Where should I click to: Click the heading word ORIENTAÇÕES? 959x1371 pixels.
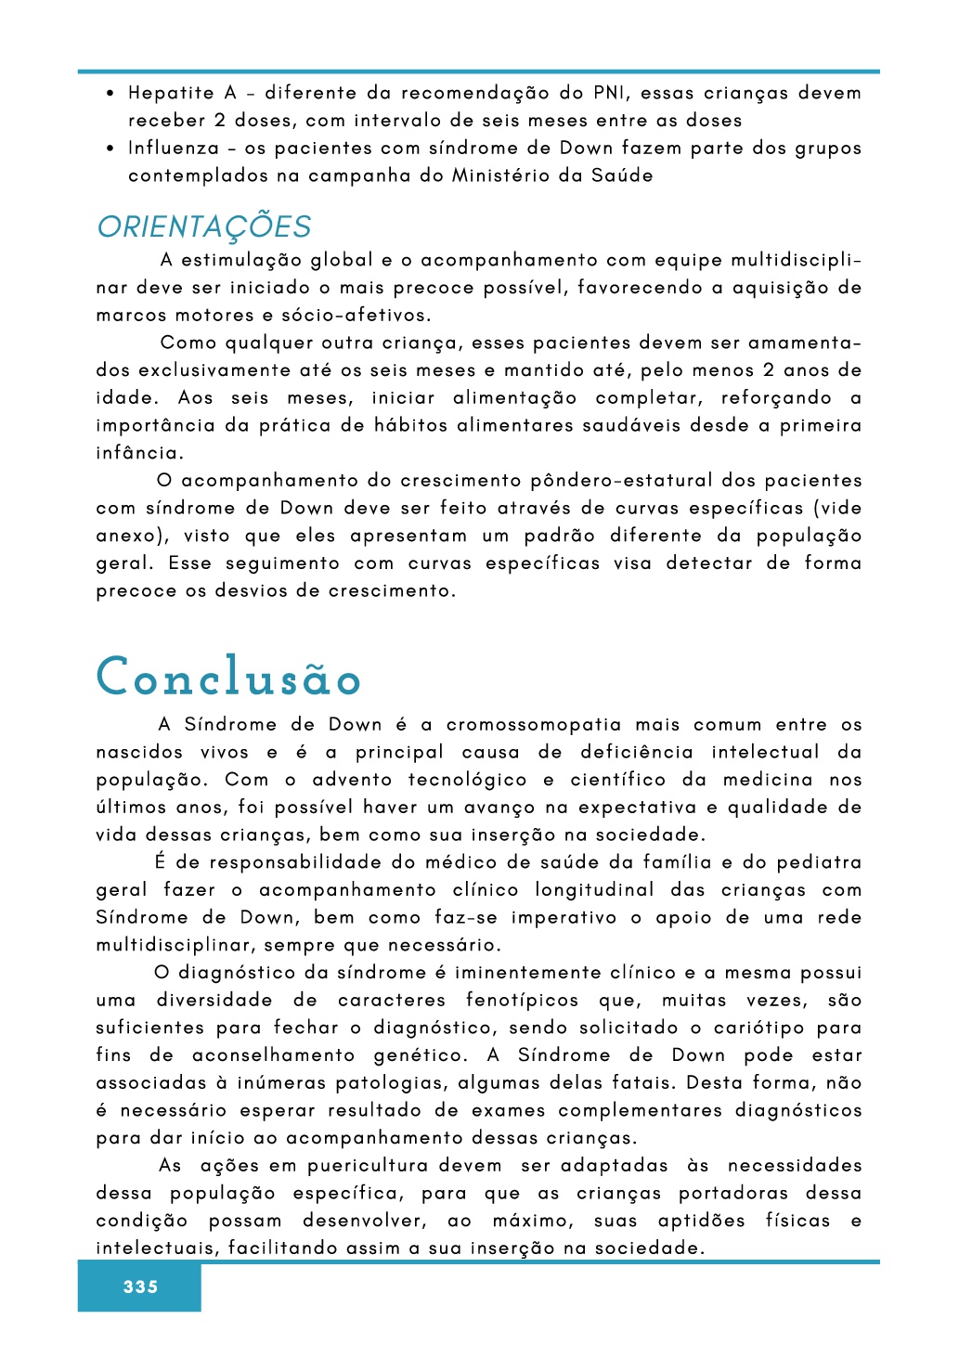[204, 227]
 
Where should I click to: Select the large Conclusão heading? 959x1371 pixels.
[228, 677]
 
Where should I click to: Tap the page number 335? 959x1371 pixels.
[140, 1287]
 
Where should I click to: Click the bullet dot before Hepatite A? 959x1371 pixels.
[110, 94]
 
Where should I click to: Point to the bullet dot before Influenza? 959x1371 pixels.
[110, 149]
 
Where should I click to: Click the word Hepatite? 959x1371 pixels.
[171, 93]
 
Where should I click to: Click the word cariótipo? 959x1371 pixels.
[758, 1028]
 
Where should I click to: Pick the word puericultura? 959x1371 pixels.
[368, 1166]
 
